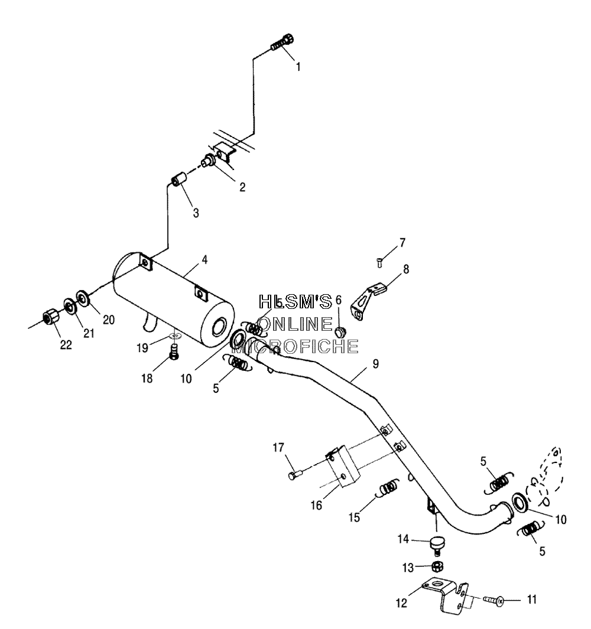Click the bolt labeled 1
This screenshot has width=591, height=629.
282,42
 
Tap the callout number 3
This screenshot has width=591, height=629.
196,213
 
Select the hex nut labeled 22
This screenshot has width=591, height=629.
50,320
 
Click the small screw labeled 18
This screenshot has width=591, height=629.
174,352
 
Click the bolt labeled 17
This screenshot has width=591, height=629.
295,475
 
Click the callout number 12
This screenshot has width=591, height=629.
401,602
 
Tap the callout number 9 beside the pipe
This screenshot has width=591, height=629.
375,364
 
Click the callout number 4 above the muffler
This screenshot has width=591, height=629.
204,260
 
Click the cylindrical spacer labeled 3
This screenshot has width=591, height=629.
178,179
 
